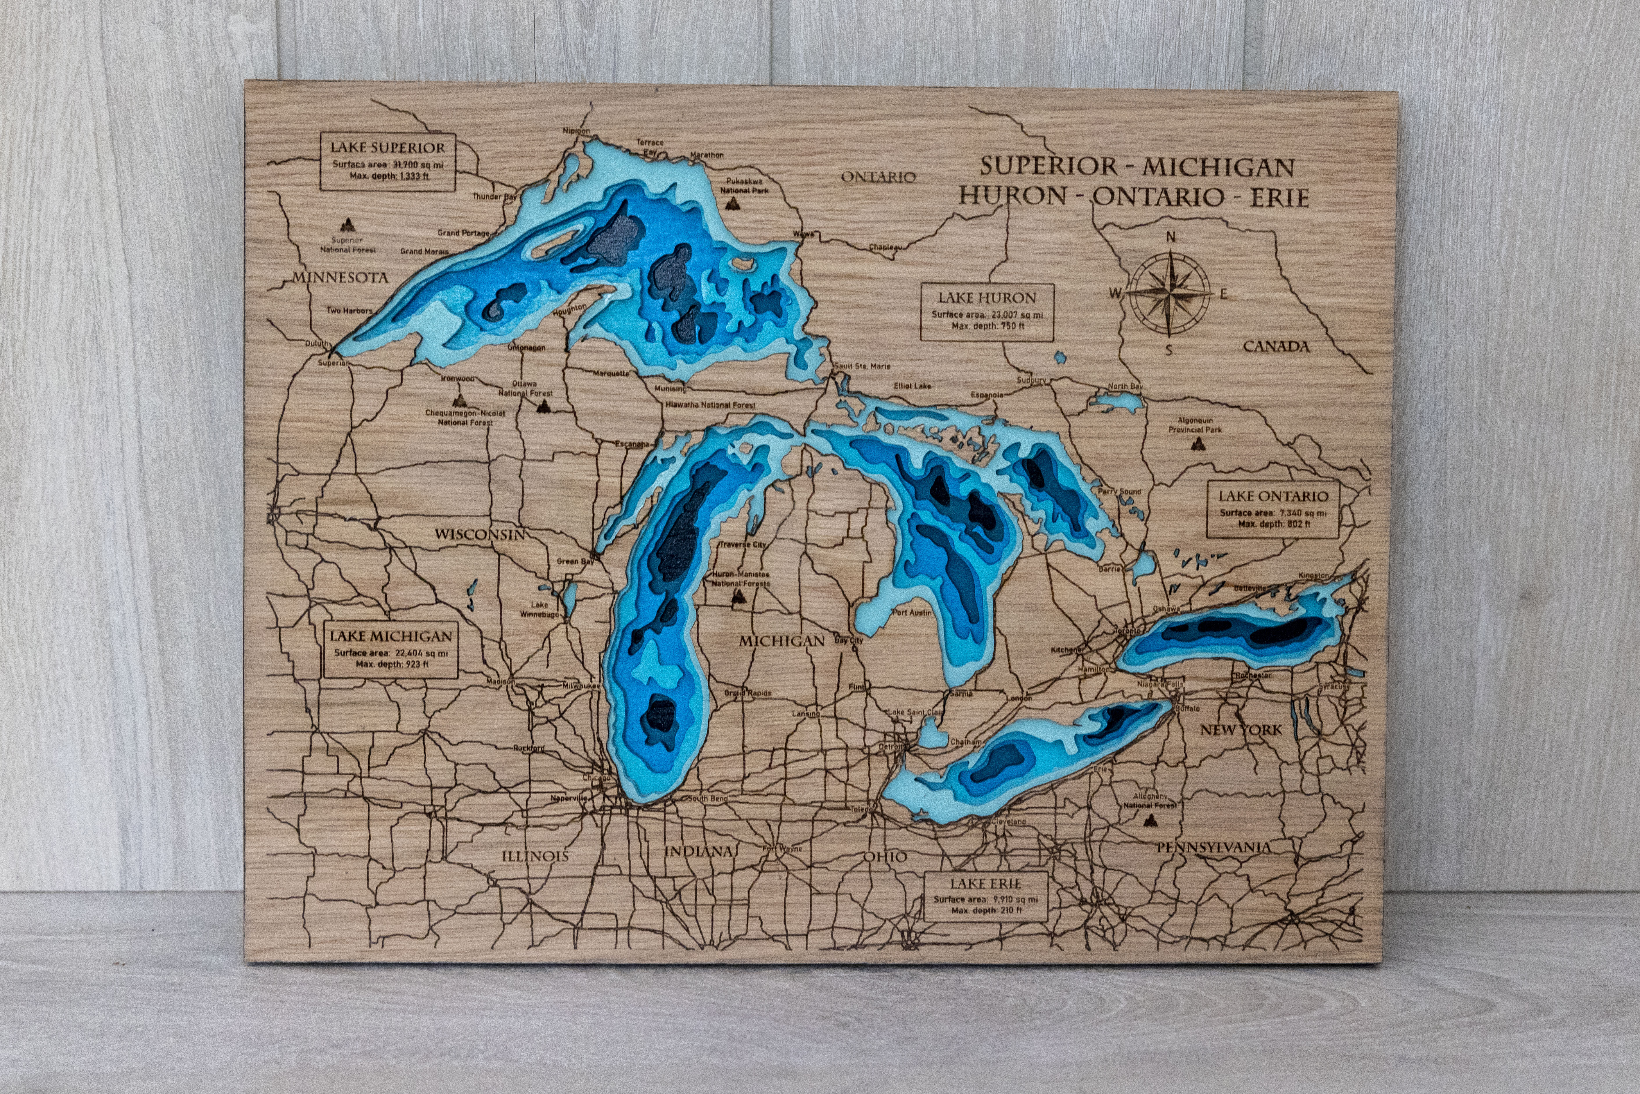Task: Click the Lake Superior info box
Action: point(387,162)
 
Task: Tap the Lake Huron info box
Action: point(986,311)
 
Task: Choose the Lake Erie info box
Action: point(986,896)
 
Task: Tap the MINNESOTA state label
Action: point(340,277)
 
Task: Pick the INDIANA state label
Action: point(698,851)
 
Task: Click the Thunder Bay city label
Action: point(494,197)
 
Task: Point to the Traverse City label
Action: point(742,544)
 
